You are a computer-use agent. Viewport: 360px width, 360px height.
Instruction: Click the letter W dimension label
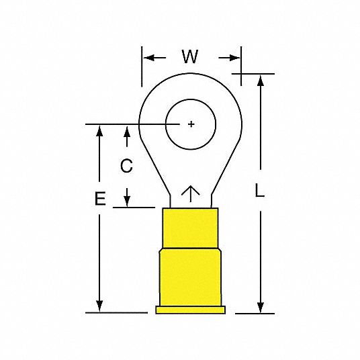click(x=190, y=57)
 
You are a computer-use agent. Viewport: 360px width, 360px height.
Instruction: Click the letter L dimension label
click(x=260, y=191)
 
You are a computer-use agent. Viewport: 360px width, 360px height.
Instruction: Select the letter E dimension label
click(x=99, y=199)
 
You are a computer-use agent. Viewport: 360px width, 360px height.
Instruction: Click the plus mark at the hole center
click(x=191, y=124)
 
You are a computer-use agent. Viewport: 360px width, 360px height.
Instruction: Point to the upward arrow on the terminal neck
click(x=191, y=194)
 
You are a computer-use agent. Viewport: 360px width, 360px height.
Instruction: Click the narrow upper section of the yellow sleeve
click(x=191, y=228)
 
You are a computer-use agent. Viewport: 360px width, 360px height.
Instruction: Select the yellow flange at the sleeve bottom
click(x=191, y=310)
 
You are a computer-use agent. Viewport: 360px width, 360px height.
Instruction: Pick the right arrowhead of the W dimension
click(x=235, y=57)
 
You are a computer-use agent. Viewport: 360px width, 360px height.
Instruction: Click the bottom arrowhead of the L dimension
click(x=260, y=308)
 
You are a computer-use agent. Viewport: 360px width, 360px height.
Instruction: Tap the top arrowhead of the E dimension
click(x=99, y=130)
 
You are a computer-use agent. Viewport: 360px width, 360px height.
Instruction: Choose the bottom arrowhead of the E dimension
click(x=99, y=307)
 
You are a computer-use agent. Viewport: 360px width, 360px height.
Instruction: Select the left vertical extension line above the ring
click(x=141, y=67)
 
